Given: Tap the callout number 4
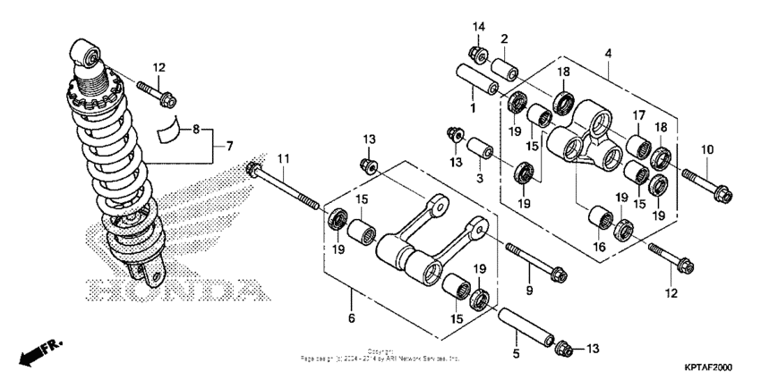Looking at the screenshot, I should click(x=609, y=53).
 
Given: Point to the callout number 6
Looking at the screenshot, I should click(x=351, y=318).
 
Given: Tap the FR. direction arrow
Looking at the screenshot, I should click(x=34, y=352).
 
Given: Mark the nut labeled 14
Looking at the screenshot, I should click(x=478, y=55).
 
